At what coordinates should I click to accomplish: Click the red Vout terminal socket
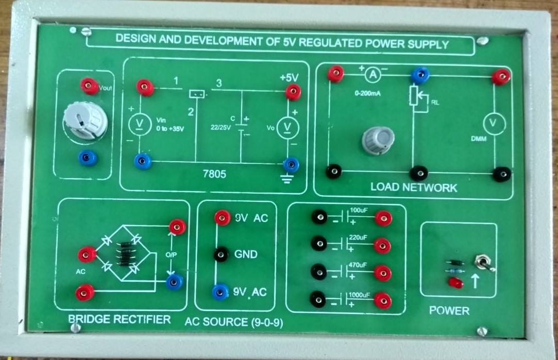(90, 86)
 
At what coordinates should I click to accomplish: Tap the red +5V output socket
(293, 93)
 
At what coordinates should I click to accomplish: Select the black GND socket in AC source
(222, 254)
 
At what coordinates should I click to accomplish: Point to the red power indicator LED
(455, 283)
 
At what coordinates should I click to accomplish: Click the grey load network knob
(378, 140)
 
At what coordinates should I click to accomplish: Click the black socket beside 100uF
(319, 218)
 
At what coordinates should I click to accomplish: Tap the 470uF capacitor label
(358, 265)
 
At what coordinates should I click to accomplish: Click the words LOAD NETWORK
(413, 188)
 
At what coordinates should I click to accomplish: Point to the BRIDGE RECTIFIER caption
(119, 319)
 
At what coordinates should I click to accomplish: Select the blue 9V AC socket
(221, 293)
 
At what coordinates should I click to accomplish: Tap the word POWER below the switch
(449, 311)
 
